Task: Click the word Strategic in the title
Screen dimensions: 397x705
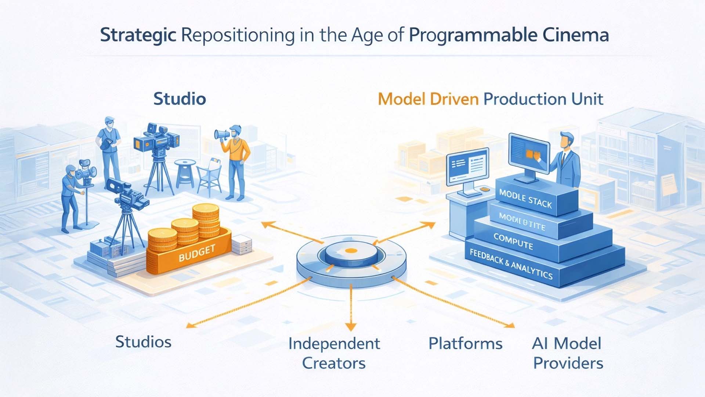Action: click(x=138, y=36)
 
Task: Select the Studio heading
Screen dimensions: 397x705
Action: click(x=180, y=99)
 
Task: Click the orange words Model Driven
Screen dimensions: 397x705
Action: click(x=428, y=99)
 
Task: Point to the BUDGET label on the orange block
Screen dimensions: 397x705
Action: click(x=197, y=254)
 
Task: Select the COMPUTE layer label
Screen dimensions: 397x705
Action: click(x=513, y=242)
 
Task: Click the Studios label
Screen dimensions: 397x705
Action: click(x=143, y=342)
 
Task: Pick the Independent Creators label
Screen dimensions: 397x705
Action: click(x=334, y=353)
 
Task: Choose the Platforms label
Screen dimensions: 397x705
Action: click(x=465, y=344)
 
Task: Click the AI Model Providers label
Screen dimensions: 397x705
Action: click(x=567, y=353)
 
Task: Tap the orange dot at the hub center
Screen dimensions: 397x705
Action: click(x=351, y=251)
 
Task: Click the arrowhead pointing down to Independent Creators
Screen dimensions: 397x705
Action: click(x=351, y=327)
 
